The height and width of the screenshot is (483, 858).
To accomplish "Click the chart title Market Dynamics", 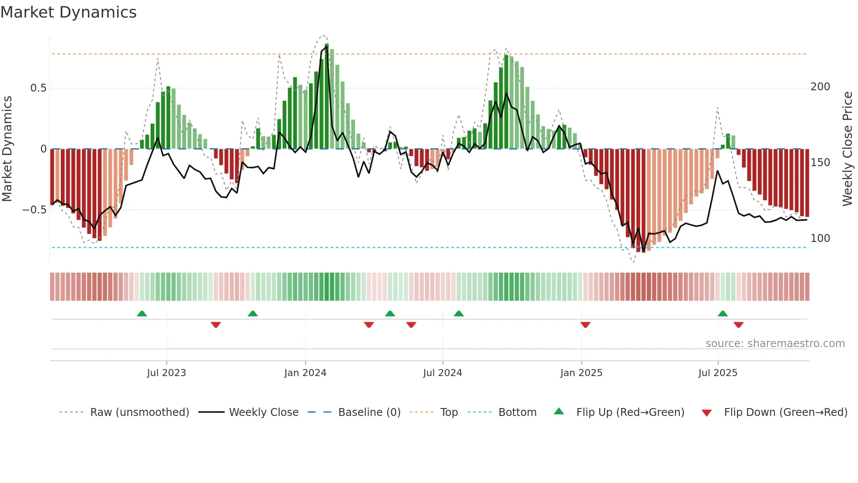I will coord(69,12).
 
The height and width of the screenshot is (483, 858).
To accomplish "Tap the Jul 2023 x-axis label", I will coord(166,373).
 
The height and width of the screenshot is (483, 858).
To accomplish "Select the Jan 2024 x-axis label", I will coord(305,373).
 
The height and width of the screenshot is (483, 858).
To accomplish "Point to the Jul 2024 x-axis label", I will coord(443,373).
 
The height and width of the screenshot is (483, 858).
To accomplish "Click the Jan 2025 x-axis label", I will coord(581,373).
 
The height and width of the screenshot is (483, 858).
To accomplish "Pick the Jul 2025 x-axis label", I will coord(718,373).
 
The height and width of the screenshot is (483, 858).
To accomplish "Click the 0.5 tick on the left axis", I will coord(38,88).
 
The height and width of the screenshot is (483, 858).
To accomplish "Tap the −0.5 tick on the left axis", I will coord(35,210).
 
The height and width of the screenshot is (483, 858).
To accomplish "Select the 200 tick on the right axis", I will coord(820,87).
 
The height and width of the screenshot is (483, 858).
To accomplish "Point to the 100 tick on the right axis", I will coord(820,238).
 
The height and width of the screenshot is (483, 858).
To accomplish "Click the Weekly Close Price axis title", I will coord(847,149).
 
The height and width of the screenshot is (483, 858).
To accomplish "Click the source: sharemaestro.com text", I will coord(775,344).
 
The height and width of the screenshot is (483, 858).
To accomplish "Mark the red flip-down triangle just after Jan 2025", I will coord(585,325).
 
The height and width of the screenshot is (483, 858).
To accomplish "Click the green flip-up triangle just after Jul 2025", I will coord(723,313).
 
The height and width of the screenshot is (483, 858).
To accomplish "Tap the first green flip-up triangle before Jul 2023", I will coord(142,313).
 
